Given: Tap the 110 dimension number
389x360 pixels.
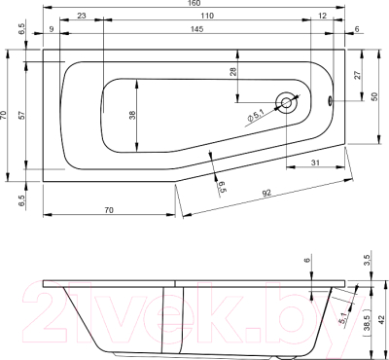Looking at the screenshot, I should (207, 18).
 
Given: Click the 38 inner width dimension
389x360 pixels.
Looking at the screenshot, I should (131, 114).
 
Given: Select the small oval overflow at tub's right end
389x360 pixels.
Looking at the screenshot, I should (330, 99).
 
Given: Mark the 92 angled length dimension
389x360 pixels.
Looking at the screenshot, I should (265, 194).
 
